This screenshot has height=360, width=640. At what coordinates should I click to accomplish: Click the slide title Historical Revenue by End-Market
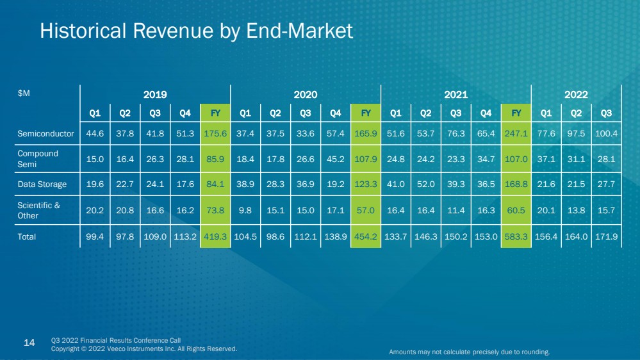tap(196, 31)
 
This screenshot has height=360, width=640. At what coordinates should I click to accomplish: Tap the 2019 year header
tap(155, 95)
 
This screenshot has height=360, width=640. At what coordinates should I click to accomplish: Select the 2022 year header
tap(576, 95)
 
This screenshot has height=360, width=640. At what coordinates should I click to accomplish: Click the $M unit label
tap(24, 94)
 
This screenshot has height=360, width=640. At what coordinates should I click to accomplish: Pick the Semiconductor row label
tap(45, 133)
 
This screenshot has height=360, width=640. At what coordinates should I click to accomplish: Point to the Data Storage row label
tap(42, 184)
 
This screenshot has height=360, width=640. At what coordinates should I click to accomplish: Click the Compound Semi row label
tap(38, 159)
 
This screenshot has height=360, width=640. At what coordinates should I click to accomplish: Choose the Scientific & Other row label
tap(39, 210)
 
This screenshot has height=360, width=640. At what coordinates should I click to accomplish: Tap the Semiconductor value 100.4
tap(606, 133)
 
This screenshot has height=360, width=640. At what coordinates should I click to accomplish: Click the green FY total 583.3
tap(516, 237)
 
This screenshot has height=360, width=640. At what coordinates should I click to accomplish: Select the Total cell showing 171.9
tap(606, 237)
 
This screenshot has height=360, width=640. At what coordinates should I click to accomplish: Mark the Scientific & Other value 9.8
tap(245, 210)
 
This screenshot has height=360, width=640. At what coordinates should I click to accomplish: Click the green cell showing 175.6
tap(215, 133)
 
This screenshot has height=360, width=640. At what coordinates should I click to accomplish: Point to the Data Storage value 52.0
tap(426, 184)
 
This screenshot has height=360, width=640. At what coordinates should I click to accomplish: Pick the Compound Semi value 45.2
tap(336, 159)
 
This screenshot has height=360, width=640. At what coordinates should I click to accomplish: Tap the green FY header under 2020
tap(366, 113)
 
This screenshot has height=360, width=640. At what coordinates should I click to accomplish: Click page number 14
tap(29, 343)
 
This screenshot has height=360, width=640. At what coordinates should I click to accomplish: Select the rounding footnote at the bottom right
tap(470, 352)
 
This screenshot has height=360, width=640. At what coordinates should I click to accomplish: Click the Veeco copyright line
tap(144, 349)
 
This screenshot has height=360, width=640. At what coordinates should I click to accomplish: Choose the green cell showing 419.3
tap(215, 237)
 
